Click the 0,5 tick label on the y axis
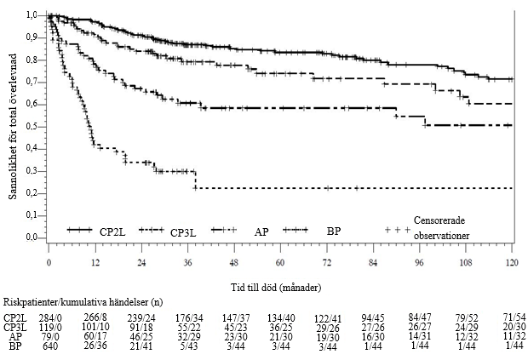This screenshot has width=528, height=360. click(x=32, y=127)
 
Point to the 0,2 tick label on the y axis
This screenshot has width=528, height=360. click(x=32, y=193)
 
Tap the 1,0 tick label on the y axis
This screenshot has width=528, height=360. click(x=32, y=15)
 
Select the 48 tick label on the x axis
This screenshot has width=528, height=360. click(x=234, y=262)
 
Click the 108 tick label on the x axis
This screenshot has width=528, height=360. click(x=466, y=262)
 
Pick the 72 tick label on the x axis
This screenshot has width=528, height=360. click(x=327, y=262)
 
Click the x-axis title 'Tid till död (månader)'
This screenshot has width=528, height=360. click(x=276, y=288)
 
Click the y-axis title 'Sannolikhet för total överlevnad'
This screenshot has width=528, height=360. click(x=13, y=127)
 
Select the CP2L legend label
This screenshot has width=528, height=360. click(x=112, y=231)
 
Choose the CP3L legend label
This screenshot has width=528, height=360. click(x=183, y=232)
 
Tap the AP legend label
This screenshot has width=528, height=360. click(x=261, y=231)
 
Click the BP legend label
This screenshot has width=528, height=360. click(x=334, y=231)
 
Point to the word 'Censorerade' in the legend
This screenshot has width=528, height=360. click(x=439, y=220)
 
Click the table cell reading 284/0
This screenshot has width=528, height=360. click(x=50, y=318)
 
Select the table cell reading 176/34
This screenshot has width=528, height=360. click(x=189, y=318)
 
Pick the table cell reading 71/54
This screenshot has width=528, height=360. click(x=513, y=317)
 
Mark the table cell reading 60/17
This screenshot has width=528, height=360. click(x=95, y=335)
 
